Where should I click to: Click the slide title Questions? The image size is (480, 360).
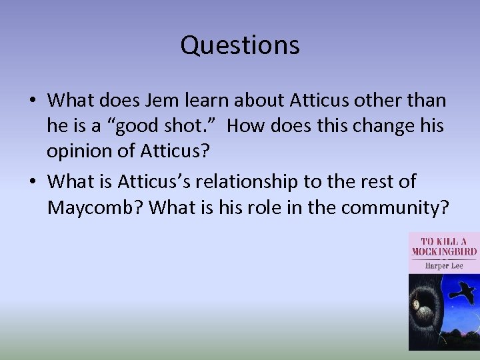pos(240,45)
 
